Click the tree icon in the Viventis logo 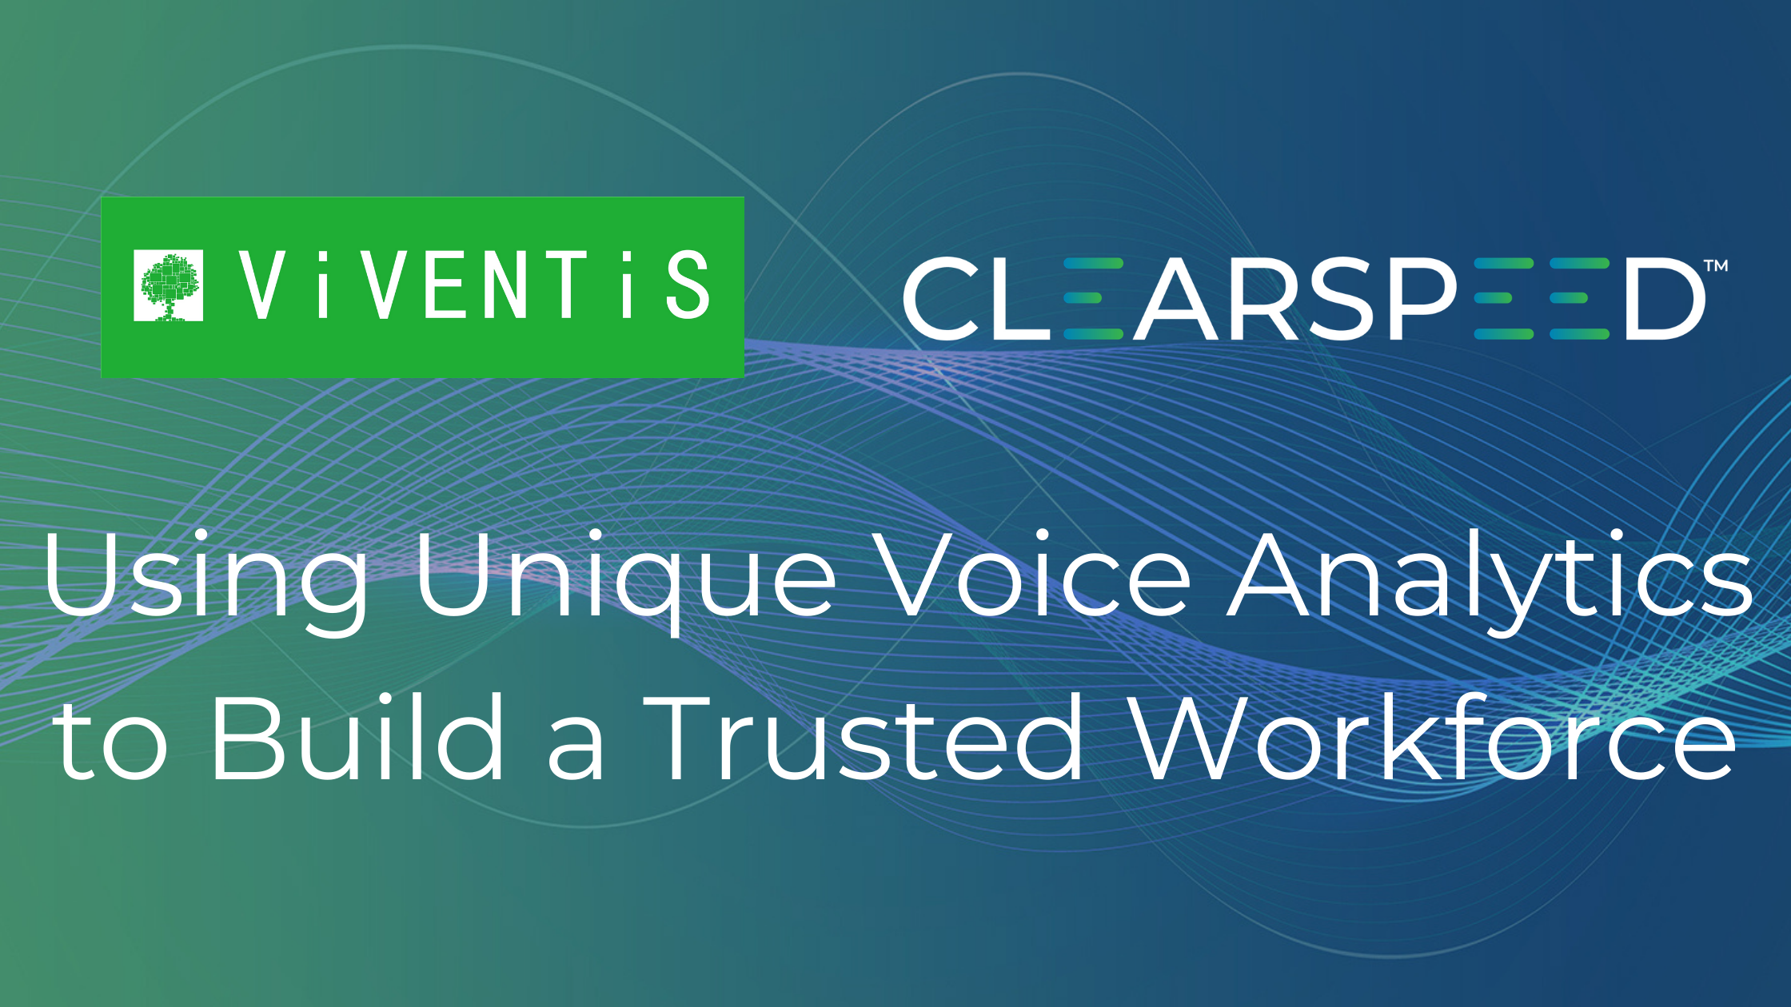168,285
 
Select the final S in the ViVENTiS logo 688,285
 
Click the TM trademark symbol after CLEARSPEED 1716,266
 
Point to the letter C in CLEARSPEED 942,298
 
